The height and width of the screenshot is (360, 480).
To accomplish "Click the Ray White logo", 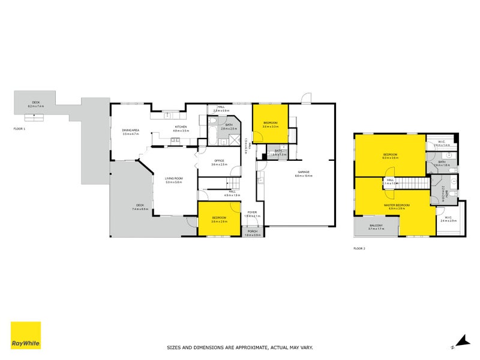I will click(26, 336).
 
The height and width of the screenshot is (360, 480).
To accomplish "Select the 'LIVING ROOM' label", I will click(174, 178).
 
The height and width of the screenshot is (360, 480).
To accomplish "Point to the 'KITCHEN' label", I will click(181, 127).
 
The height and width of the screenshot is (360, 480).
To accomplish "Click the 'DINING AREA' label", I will click(131, 130).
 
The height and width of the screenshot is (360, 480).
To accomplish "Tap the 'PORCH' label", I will click(252, 231).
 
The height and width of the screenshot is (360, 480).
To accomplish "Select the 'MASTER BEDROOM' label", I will click(397, 205).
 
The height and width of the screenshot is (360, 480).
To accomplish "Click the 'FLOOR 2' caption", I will click(359, 248).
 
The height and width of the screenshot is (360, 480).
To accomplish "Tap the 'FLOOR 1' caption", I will click(20, 128).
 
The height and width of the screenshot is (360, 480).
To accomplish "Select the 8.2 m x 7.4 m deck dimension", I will click(36, 106).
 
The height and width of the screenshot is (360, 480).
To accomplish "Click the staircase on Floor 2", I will click(415, 183).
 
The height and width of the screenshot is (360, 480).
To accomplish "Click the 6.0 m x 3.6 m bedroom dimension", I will click(391, 158).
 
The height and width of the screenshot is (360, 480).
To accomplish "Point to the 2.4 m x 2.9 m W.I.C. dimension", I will click(449, 221).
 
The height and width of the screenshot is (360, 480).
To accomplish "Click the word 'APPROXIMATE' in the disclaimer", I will click(246, 347).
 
